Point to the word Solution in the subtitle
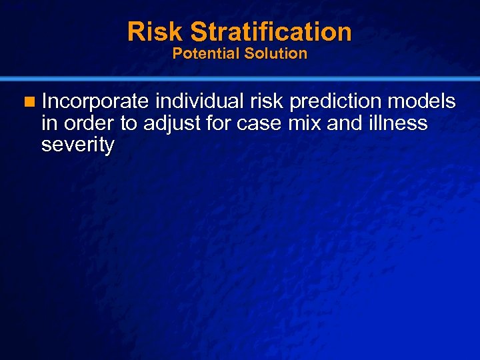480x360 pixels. [276, 53]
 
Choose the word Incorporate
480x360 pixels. [95, 101]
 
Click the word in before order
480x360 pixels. [49, 123]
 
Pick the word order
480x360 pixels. [91, 123]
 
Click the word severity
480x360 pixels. [77, 145]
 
